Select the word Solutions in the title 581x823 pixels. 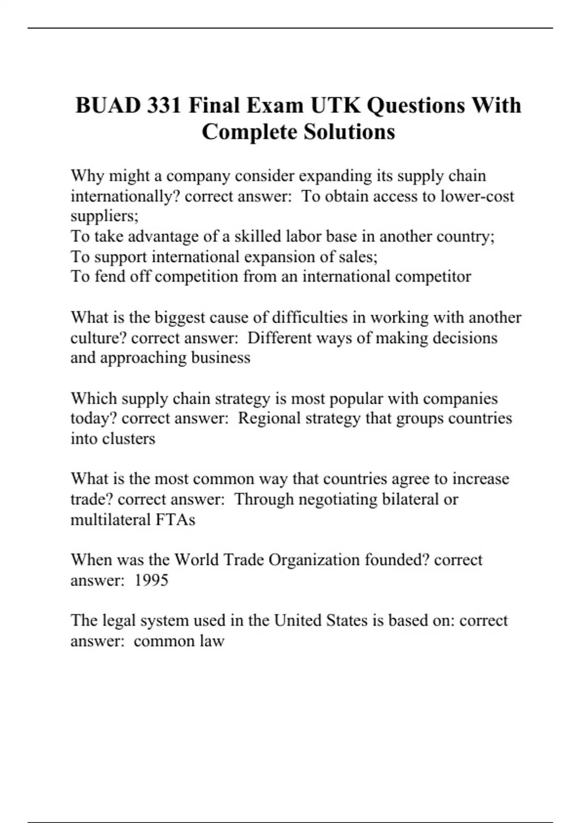(349, 132)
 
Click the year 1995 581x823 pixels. (151, 580)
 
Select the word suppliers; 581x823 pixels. (105, 216)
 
